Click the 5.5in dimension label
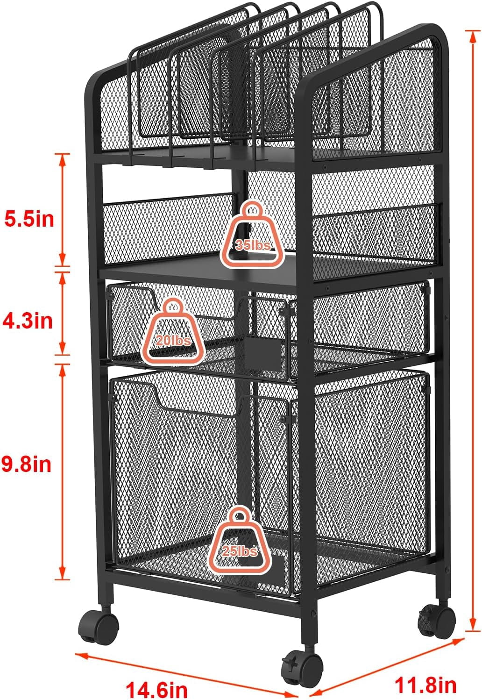point(29,219)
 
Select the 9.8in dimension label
point(26,464)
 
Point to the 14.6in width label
point(156,690)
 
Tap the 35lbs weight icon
point(252,235)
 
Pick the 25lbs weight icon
point(240,541)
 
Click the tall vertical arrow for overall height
point(473,330)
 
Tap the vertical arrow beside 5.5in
point(63,210)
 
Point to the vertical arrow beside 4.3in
point(63,314)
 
